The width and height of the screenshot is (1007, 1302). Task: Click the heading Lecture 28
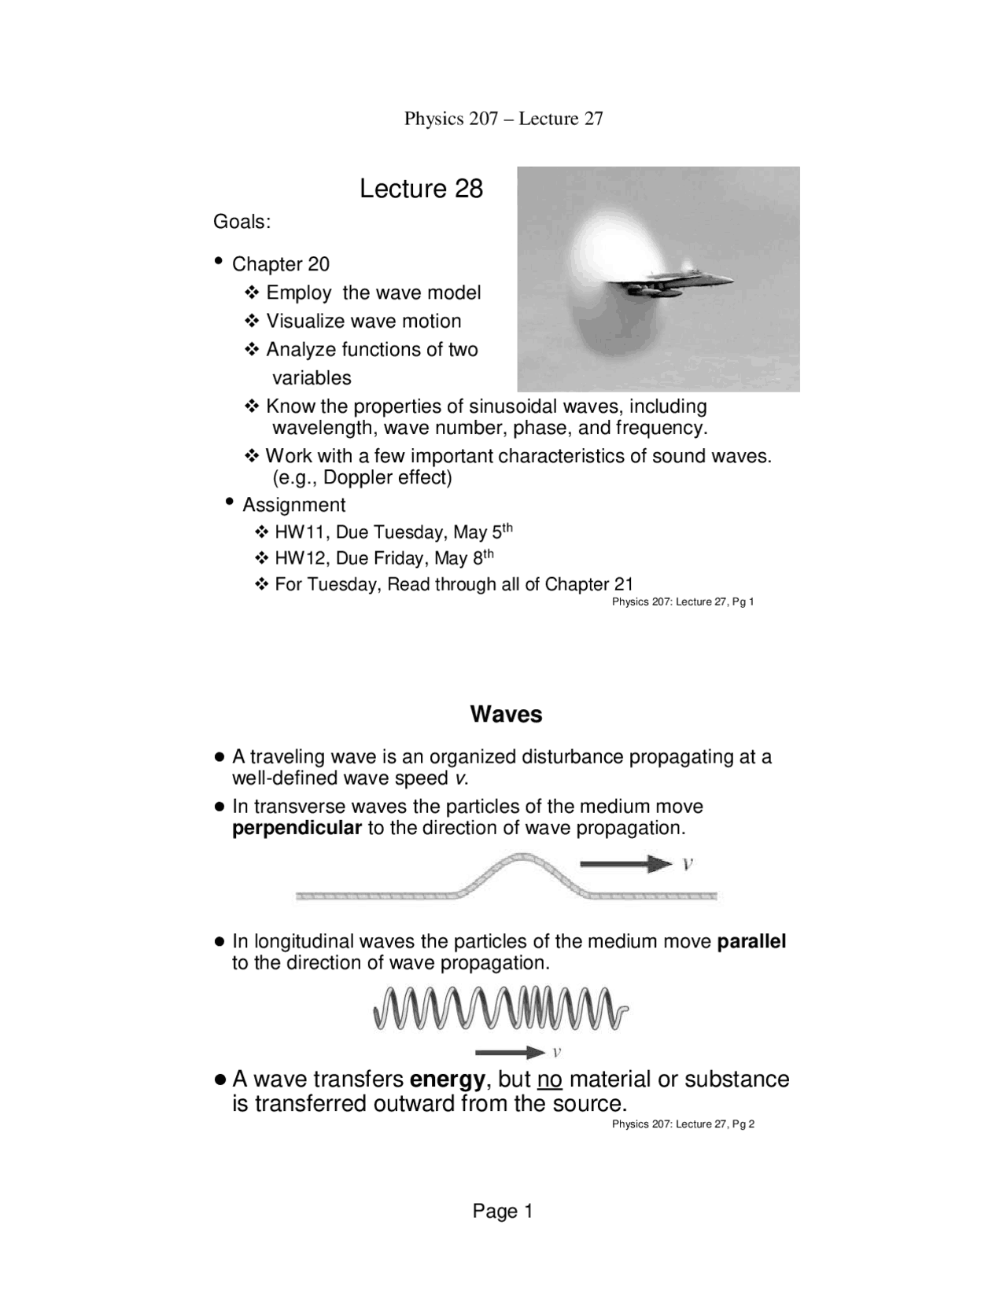coord(421,189)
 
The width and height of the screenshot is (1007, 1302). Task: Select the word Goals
coord(241,222)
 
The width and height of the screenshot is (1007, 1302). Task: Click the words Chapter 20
coord(280,264)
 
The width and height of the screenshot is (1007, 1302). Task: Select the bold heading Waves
coord(506,715)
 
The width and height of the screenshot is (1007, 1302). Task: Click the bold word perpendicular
coord(297,828)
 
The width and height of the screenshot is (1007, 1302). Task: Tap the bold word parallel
coord(751,941)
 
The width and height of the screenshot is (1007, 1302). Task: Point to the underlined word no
coord(549,1079)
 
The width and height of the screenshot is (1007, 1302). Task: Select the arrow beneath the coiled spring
coord(510,1052)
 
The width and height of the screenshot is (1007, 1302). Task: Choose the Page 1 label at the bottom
coord(503,1212)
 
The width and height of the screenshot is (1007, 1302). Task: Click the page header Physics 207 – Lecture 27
coord(503,119)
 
